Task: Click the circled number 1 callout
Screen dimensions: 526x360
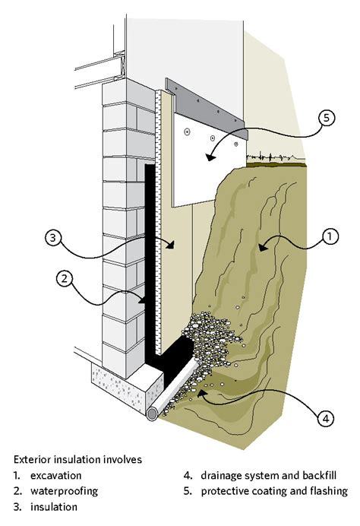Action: [329, 238]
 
